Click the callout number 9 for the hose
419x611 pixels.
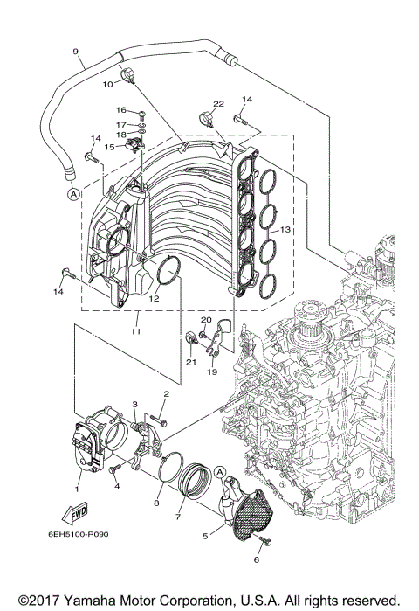pyautogui.click(x=77, y=51)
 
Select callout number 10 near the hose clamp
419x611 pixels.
pyautogui.click(x=108, y=84)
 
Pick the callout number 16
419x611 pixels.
pyautogui.click(x=121, y=111)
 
